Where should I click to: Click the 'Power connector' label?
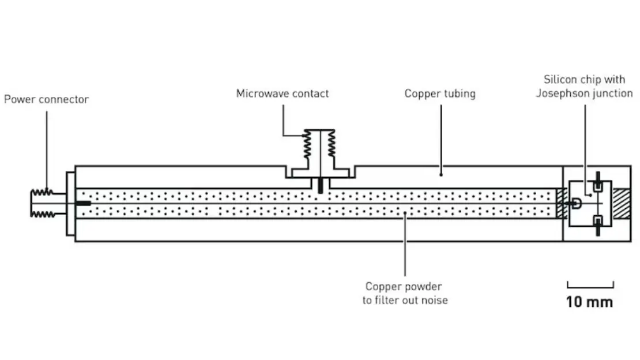pyautogui.click(x=46, y=99)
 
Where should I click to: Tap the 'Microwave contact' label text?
pyautogui.click(x=282, y=93)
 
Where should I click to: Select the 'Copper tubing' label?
pyautogui.click(x=439, y=93)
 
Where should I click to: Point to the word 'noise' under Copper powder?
pyautogui.click(x=434, y=300)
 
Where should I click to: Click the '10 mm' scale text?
pyautogui.click(x=590, y=302)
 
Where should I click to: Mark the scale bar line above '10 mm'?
pyautogui.click(x=590, y=286)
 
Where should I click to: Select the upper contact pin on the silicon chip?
pyautogui.click(x=598, y=185)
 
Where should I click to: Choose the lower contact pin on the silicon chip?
pyautogui.click(x=598, y=222)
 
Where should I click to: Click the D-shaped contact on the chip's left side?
pyautogui.click(x=575, y=203)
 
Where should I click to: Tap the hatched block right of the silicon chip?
pyautogui.click(x=622, y=203)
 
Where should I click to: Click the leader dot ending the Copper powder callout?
pyautogui.click(x=405, y=213)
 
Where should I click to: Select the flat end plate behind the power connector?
pyautogui.click(x=70, y=203)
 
